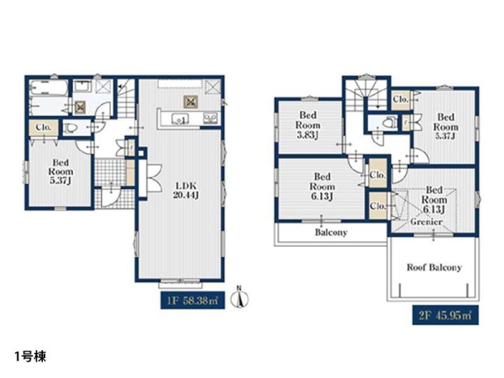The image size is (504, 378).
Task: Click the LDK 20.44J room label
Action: coord(186,191)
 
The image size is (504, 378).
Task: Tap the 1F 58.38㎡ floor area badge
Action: coord(192,301)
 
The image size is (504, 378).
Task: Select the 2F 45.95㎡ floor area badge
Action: coord(445,315)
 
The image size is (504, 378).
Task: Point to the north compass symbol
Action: coord(239,297)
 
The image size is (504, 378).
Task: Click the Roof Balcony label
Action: coord(434,267)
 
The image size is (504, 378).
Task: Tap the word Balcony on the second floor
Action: coord(331,232)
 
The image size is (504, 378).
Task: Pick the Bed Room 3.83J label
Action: coord(308,125)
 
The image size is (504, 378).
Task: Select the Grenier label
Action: coord(426,222)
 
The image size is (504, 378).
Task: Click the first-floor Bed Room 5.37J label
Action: coord(60,171)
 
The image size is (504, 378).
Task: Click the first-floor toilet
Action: coord(70,129)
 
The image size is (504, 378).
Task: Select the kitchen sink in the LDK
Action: coord(178,118)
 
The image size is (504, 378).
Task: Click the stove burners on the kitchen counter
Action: coord(211,118)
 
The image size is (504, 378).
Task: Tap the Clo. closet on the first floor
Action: coord(44,128)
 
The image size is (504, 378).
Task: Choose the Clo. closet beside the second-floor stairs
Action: coord(401,99)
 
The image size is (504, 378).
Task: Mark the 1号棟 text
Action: coord(30,356)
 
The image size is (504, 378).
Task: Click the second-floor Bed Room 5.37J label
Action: coord(446,126)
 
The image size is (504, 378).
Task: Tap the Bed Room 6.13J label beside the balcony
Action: coord(322,186)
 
